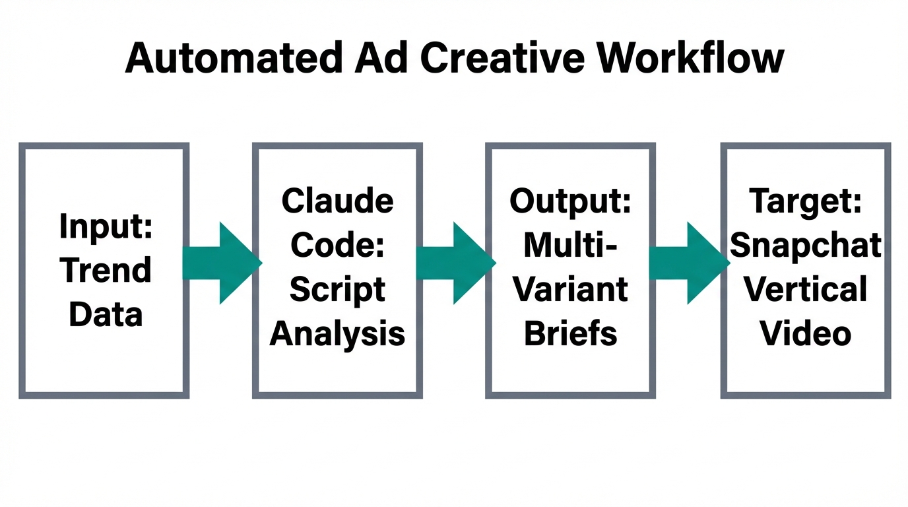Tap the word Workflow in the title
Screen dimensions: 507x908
[x=690, y=58]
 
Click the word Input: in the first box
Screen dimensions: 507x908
[x=106, y=227]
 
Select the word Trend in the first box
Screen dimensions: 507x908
[x=106, y=271]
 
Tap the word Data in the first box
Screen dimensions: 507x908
[x=106, y=314]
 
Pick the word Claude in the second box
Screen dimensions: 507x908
[x=337, y=201]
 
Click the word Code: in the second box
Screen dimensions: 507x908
[x=337, y=245]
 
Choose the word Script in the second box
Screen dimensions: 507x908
[x=337, y=290]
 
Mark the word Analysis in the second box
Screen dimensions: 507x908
[x=337, y=333]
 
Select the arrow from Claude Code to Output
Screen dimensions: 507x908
[x=455, y=263]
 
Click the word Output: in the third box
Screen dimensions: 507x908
[x=571, y=201]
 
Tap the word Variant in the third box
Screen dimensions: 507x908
[x=571, y=290]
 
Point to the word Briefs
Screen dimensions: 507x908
[x=571, y=333]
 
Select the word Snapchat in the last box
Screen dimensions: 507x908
[x=806, y=246]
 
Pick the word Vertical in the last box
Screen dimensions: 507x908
[x=806, y=290]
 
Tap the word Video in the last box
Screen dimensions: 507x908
[x=806, y=333]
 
